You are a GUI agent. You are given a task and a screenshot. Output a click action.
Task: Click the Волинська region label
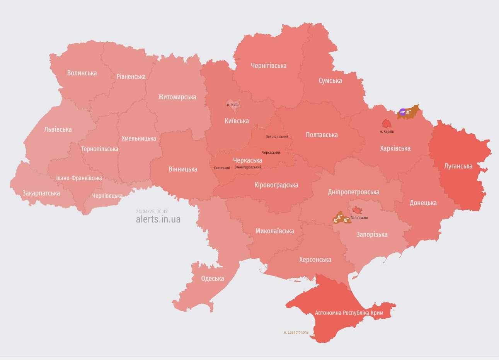[x=82, y=73]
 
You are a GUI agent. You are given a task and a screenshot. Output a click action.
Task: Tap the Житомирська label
[x=177, y=97]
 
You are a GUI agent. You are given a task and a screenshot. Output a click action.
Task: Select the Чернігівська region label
[x=269, y=66]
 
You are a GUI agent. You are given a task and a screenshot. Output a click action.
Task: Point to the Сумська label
[x=330, y=81]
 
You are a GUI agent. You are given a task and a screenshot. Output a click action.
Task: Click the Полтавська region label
[x=322, y=135]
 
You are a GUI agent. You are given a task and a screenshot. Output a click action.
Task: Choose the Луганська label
[x=458, y=166]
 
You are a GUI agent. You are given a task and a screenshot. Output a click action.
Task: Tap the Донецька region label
[x=423, y=203]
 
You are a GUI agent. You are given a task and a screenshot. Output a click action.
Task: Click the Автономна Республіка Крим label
[x=349, y=312]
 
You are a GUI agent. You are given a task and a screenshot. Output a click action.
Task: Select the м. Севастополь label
[x=296, y=332]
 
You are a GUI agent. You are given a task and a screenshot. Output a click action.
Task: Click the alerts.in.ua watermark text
[x=158, y=219]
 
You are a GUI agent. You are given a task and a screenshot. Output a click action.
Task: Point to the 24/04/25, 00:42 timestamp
[x=152, y=212]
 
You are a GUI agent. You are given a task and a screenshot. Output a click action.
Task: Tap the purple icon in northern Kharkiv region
[x=402, y=112]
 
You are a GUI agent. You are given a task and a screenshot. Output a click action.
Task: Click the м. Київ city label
[x=233, y=105]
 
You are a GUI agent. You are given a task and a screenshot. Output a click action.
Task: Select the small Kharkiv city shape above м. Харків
[x=387, y=124]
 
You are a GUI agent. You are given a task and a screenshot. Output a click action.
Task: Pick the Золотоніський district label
[x=277, y=137]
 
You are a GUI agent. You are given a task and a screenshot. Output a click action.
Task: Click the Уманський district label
[x=222, y=168]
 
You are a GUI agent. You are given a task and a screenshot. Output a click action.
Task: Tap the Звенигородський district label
[x=248, y=167]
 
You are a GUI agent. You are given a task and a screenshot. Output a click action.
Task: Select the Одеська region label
[x=212, y=278]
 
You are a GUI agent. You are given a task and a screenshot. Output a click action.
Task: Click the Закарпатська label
[x=41, y=193]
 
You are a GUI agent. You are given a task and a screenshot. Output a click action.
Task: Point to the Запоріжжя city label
[x=359, y=218]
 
